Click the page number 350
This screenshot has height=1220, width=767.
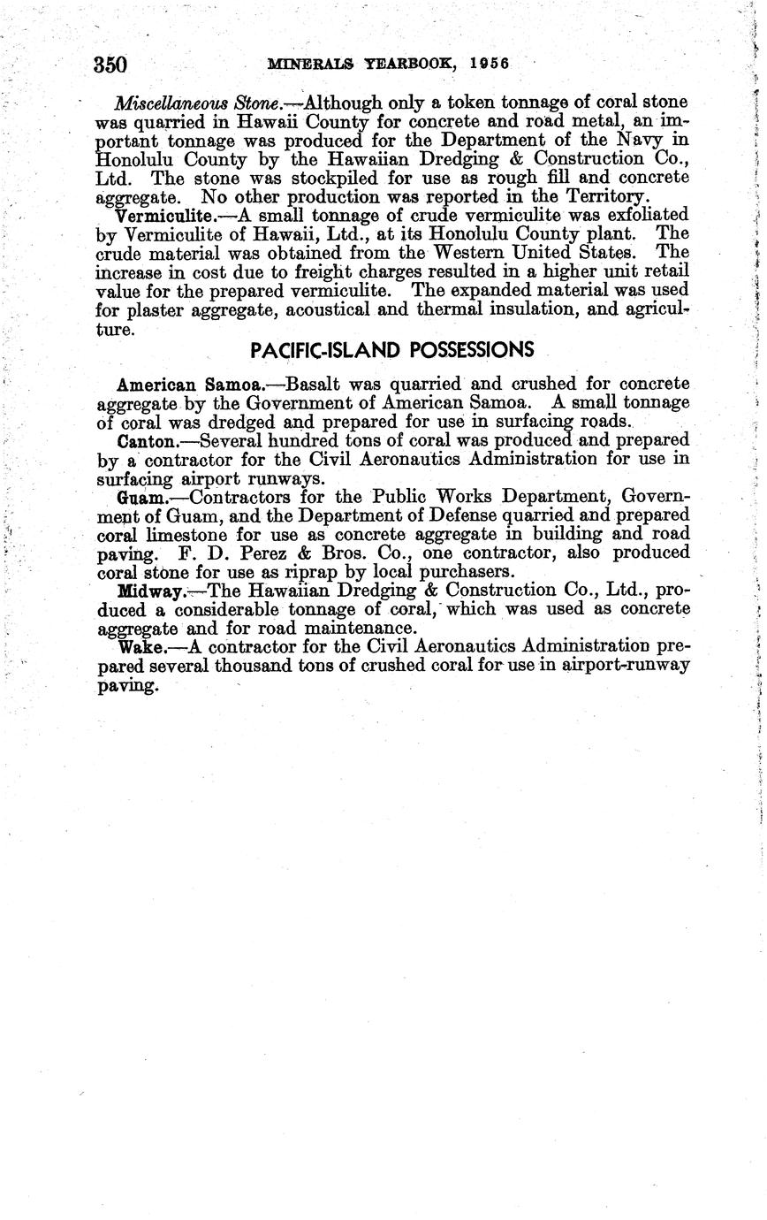pos(110,65)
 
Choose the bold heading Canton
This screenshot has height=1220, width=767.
pos(150,440)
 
